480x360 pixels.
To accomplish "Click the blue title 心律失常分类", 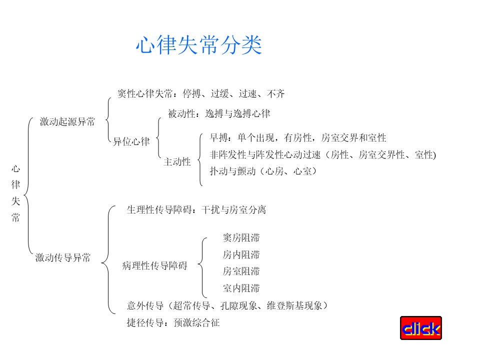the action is pos(199,45).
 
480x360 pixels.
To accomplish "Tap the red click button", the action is pos(421,328).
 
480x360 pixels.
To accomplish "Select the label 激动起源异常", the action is pos(67,121).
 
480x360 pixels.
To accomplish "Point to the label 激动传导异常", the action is pos(63,257).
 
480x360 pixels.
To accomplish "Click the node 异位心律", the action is pos(131,141).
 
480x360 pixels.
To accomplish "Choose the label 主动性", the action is pos(177,161).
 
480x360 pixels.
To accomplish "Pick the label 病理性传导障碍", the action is pos(154,265).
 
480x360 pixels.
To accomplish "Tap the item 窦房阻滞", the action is pos(241,237).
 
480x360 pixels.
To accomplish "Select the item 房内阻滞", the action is pos(241,254).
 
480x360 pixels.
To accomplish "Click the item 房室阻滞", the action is pos(241,271).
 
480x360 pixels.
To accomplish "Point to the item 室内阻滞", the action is pos(241,288).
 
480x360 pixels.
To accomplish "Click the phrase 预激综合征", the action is pos(196,322).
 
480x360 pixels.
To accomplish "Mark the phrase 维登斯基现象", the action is pos(294,305).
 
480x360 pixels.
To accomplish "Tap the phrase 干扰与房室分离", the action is pos(234,209).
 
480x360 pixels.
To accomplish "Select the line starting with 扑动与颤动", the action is pos(263,171).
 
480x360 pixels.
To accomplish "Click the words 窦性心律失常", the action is pos(145,93).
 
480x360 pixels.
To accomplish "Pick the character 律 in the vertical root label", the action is pos(15,184).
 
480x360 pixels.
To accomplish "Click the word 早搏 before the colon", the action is pos(218,138).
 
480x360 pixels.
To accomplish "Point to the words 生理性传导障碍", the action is pos(159,209).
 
